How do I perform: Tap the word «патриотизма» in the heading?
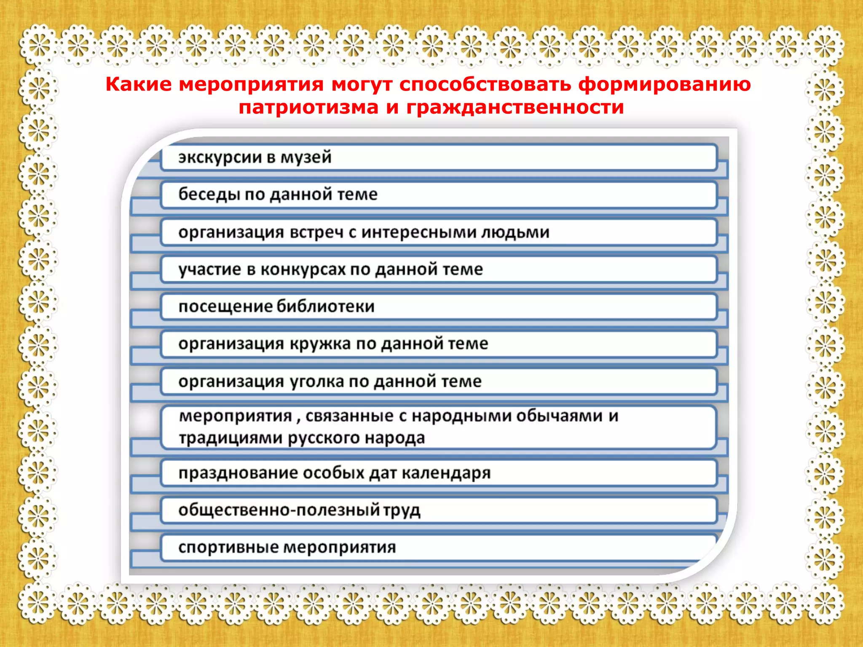[x=308, y=107]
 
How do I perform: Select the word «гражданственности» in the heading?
[x=515, y=107]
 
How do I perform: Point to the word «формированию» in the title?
[x=665, y=84]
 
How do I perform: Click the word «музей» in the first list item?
[x=306, y=157]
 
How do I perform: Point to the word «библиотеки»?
[x=325, y=306]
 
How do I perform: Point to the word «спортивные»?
[x=228, y=547]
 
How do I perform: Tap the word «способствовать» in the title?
[x=485, y=84]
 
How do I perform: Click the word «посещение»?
[x=225, y=306]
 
